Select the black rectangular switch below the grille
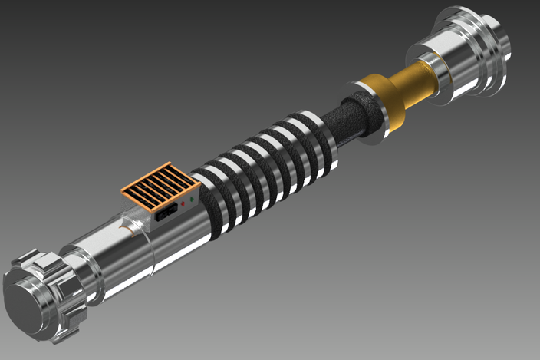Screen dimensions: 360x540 click(166, 213)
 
